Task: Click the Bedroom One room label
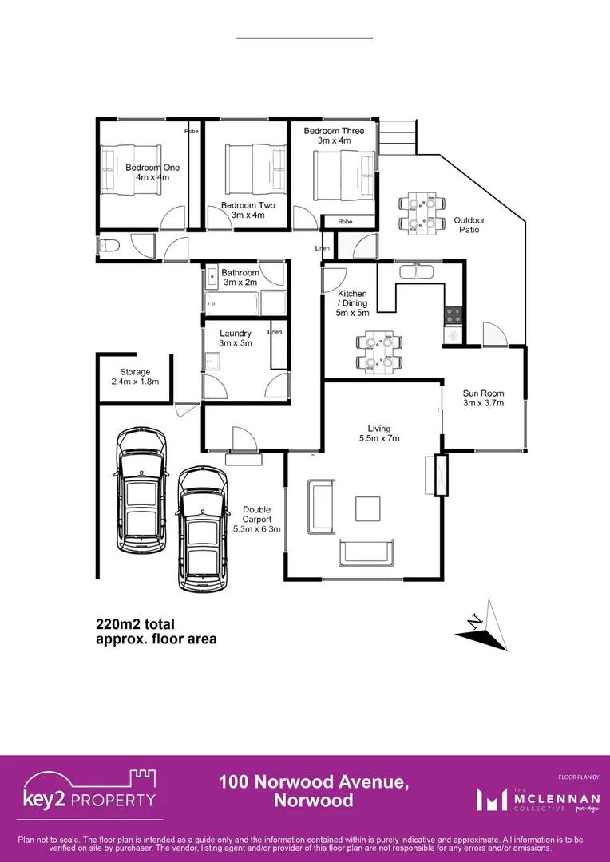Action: point(152,172)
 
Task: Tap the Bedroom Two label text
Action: point(248,210)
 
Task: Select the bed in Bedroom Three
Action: point(343,174)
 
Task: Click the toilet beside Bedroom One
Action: point(109,245)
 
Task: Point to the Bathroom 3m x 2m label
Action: point(240,277)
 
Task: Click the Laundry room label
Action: point(236,338)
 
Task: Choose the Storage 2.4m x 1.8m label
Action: point(135,377)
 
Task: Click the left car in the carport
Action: point(143,490)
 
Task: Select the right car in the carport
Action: point(201,529)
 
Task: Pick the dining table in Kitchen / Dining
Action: point(378,352)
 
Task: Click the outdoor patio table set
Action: point(421,212)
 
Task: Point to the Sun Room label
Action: point(483,397)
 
